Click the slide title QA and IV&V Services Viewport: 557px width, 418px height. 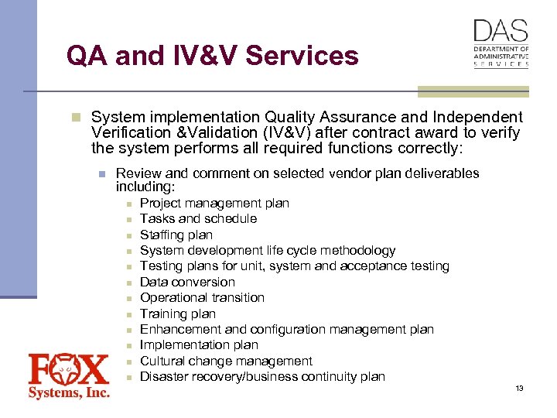coord(212,56)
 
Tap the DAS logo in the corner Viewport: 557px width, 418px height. coord(501,43)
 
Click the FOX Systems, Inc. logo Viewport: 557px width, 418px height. coord(69,375)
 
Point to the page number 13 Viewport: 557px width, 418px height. coord(519,388)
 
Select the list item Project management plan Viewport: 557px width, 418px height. coord(214,203)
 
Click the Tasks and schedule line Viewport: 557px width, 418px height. coord(198,218)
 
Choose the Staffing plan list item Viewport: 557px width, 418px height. coord(176,235)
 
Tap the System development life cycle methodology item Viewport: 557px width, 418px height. coord(267,250)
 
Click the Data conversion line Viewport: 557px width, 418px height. coord(187,282)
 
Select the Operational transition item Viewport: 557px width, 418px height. coord(202,297)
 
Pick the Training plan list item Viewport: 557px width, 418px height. coord(177,313)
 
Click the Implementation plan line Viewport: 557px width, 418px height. coord(199,344)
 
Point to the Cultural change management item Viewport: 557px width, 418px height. coord(226,361)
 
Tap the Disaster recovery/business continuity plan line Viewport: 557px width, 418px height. coord(262,376)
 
